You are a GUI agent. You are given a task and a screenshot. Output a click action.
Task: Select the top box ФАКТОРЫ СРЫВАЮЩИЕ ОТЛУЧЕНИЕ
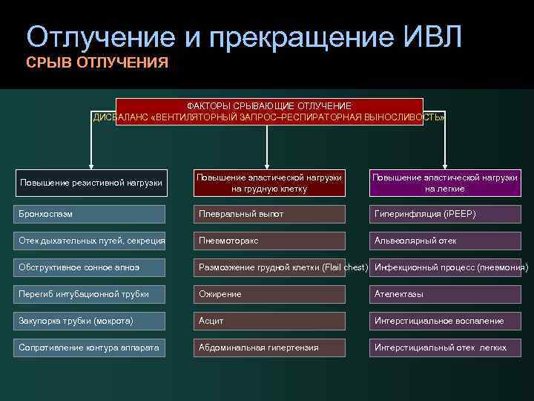coord(268,111)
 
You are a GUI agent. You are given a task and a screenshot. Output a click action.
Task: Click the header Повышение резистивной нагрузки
coord(91,183)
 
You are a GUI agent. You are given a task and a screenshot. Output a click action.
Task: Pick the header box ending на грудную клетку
coord(268,183)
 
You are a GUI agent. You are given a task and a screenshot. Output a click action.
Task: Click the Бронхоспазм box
coord(90,214)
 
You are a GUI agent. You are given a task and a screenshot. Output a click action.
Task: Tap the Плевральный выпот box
coord(268,214)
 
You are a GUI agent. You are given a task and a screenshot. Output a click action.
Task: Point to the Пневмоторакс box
coord(268,241)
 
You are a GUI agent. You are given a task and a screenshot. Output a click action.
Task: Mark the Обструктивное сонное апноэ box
coord(90,267)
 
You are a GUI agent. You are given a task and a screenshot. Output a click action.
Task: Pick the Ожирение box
coord(268,294)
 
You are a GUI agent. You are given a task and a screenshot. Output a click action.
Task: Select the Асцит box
coord(268,321)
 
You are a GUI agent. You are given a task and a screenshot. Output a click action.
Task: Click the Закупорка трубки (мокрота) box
coord(90,321)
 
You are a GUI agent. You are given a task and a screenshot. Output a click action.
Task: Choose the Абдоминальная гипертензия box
coord(268,348)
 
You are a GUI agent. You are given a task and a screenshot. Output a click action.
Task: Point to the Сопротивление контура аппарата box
coord(90,348)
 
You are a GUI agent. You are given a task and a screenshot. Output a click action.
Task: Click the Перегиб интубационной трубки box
coord(90,294)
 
